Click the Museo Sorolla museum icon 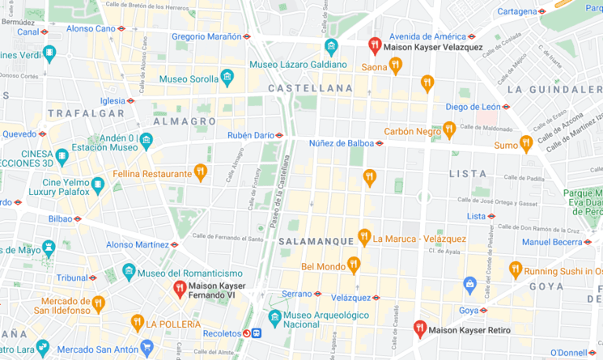[x=227, y=78]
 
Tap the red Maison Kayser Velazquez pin [x=374, y=45]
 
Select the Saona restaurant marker [x=396, y=66]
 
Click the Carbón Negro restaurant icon [x=449, y=129]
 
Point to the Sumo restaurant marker [x=526, y=143]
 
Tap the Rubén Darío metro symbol [x=279, y=135]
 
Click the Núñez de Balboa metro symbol [x=380, y=144]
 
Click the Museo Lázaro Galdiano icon [x=330, y=47]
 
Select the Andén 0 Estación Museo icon [x=146, y=142]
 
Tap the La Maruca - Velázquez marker [x=364, y=237]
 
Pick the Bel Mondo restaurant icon [x=353, y=264]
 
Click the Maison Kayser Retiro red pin [x=419, y=328]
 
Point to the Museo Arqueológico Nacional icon [x=275, y=317]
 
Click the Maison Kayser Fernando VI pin [x=180, y=289]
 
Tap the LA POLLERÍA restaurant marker [x=138, y=323]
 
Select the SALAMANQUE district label [x=316, y=241]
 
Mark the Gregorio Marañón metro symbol [x=247, y=36]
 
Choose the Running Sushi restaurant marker [x=515, y=269]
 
